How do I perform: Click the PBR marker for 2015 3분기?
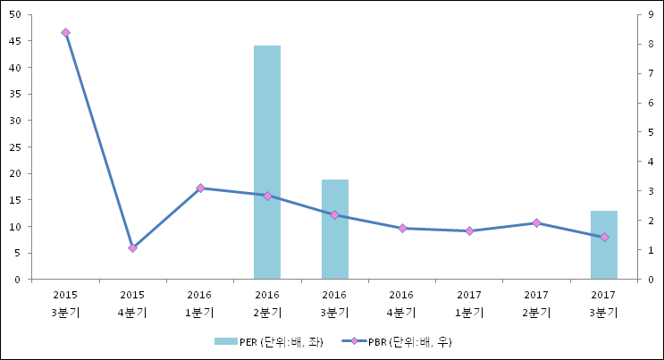tap(65, 33)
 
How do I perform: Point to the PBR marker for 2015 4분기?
tap(132, 248)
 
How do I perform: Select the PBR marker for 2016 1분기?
tap(200, 188)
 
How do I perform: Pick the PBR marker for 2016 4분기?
tap(402, 228)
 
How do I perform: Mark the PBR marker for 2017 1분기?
tap(469, 231)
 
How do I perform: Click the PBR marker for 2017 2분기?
tap(536, 222)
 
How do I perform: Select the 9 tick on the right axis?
tap(650, 14)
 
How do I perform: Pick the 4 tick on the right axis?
tap(650, 162)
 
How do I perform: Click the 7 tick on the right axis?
tap(650, 73)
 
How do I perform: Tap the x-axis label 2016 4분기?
tap(402, 303)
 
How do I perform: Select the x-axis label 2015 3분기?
tap(65, 303)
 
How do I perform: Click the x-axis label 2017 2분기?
tap(536, 303)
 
